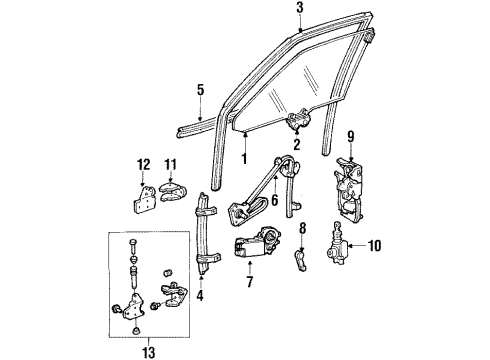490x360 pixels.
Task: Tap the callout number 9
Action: (x=350, y=137)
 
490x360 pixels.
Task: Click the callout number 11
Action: (x=171, y=164)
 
